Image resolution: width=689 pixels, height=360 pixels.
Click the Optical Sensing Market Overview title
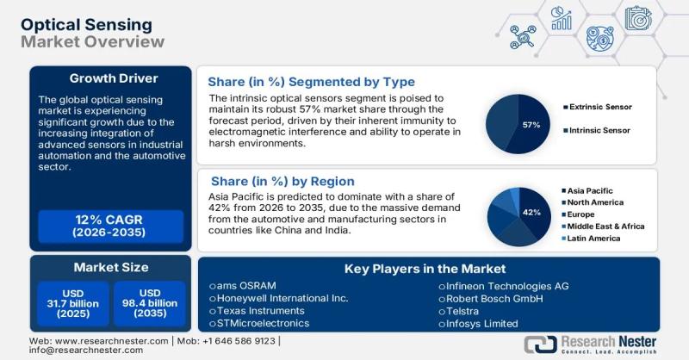click(90, 32)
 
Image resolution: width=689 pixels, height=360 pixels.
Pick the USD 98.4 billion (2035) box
click(150, 302)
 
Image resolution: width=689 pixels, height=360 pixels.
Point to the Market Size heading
click(109, 267)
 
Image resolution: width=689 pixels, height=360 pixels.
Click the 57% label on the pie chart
click(531, 125)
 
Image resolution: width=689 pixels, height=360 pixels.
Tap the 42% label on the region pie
click(531, 212)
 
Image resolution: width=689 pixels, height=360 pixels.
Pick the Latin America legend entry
click(593, 237)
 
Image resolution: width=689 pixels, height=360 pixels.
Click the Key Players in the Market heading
click(425, 269)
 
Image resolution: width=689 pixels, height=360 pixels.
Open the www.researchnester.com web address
click(96, 341)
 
